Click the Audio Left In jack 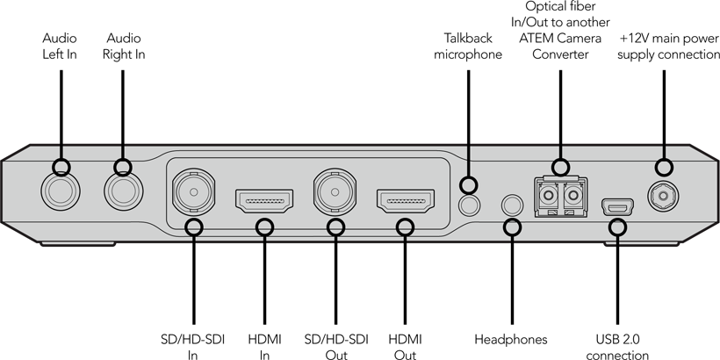coord(61,191)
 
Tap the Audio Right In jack coord(124,191)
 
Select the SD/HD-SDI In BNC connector coord(194,192)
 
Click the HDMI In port coord(264,201)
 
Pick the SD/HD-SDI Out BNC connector coord(335,192)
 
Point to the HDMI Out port coord(406,201)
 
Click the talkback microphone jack coord(469,205)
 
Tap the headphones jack coord(513,205)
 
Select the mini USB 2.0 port coord(617,207)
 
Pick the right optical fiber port coord(573,197)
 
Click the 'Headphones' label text coord(511,340)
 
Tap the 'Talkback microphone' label coord(468,47)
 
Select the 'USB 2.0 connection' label coord(617,348)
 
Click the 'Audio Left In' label coord(60,47)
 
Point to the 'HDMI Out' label coord(405,348)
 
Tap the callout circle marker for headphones coord(513,227)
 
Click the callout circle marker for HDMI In coord(264,227)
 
